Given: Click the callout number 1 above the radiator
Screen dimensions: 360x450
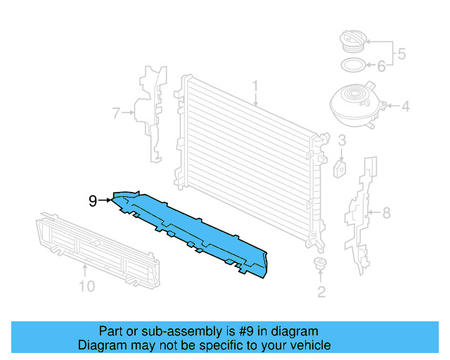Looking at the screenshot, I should coord(256,87).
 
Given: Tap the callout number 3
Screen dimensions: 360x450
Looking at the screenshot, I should coord(341,141).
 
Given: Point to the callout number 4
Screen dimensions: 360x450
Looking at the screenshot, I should coord(405,108).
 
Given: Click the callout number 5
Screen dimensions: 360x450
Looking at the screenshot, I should coord(401,53).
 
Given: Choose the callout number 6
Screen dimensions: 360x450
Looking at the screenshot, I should coord(381,67).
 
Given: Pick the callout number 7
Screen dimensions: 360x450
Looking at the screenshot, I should coord(117,111).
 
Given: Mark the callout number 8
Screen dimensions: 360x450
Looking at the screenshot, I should coord(385,212).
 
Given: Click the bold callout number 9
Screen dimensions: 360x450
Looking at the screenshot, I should coord(93,201).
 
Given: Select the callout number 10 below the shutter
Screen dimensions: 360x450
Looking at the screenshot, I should coord(86,286).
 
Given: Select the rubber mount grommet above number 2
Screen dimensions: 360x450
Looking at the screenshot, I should coord(321,265).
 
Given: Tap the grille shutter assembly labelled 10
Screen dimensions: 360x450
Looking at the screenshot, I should coord(84,242).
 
